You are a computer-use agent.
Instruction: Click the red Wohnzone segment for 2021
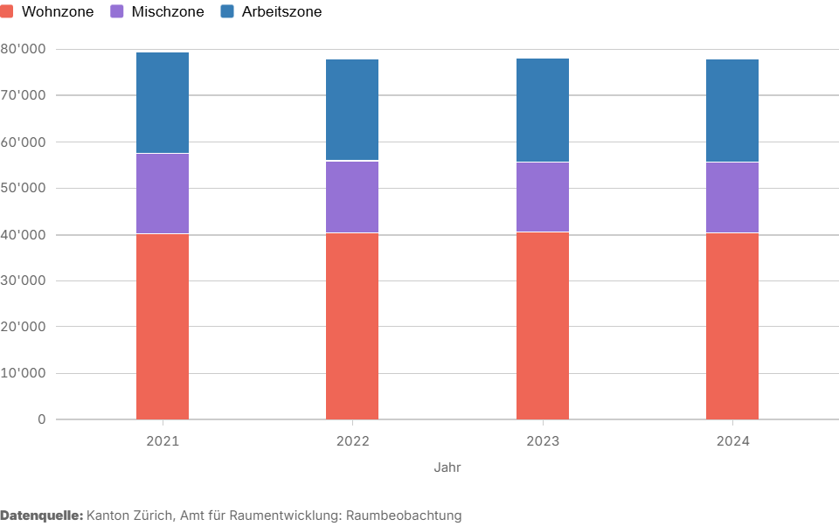163,326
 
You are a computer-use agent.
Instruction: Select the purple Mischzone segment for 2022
352,197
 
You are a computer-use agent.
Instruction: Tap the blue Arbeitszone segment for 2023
543,110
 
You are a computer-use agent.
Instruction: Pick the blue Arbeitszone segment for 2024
732,111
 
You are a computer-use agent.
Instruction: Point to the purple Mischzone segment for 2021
163,193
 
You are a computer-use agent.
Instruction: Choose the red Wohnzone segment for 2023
543,325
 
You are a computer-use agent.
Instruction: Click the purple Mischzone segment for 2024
732,197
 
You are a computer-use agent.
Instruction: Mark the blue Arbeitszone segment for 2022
352,110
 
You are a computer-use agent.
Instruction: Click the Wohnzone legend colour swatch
7,11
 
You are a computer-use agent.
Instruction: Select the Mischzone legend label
167,12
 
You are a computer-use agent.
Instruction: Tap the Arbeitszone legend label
281,12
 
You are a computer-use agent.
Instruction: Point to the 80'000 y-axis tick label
23,49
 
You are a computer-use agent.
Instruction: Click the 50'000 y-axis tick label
23,188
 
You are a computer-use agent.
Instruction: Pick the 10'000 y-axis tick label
23,373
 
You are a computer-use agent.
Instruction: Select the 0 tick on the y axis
41,419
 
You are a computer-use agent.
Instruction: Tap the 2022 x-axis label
352,441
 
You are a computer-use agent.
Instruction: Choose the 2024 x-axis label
732,441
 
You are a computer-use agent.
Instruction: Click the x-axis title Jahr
447,467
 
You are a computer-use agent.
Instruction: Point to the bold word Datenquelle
41,516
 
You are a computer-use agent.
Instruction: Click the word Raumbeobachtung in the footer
404,516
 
